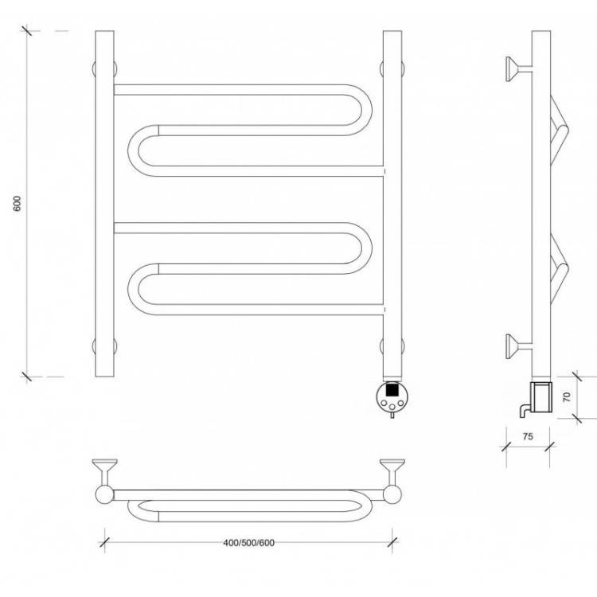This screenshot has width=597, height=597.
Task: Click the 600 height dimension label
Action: click(x=18, y=204)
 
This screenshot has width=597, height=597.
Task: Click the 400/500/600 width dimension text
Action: click(x=248, y=543)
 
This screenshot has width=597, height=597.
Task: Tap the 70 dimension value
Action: click(x=567, y=396)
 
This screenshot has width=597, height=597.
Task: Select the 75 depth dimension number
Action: click(x=528, y=436)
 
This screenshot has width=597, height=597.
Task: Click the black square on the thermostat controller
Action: click(x=392, y=390)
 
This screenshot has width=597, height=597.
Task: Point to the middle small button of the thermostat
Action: click(x=392, y=408)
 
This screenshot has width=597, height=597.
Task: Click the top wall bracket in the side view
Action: click(x=518, y=69)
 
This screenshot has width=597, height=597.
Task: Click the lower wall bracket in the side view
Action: click(x=518, y=346)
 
